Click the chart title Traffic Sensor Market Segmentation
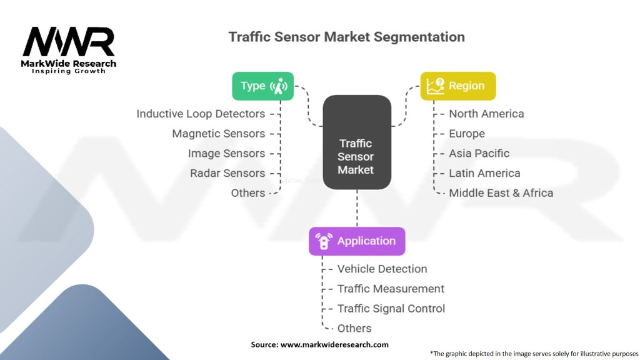[346, 37]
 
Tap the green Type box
[262, 86]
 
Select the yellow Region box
[457, 86]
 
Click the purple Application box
[357, 241]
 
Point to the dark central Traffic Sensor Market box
[356, 142]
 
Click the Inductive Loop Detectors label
[201, 114]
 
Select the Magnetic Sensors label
[218, 134]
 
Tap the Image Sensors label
[226, 153]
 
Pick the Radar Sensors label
[227, 173]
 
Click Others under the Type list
[247, 193]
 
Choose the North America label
[486, 114]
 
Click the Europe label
[466, 134]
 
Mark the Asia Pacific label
[479, 153]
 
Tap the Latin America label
[484, 173]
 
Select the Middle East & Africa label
[501, 193]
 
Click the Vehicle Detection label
[382, 269]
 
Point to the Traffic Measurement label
[391, 289]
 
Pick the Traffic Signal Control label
[391, 309]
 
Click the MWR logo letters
[69, 42]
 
